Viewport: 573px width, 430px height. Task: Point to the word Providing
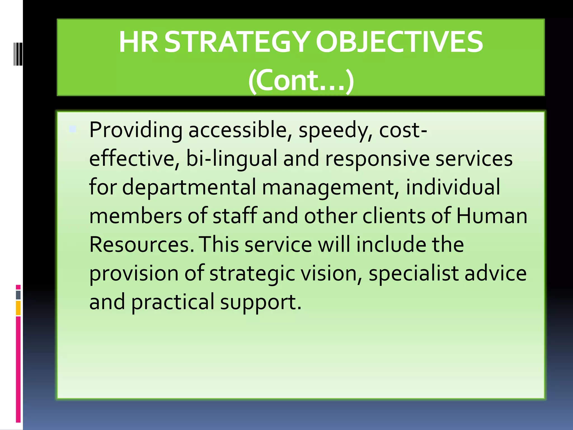click(136, 130)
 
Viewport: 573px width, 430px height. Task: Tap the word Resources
click(142, 244)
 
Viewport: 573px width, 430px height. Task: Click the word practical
click(173, 302)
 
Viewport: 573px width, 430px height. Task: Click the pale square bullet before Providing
click(73, 129)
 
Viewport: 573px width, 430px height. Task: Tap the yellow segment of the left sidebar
click(18, 308)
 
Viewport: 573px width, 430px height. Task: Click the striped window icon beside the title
click(18, 54)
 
